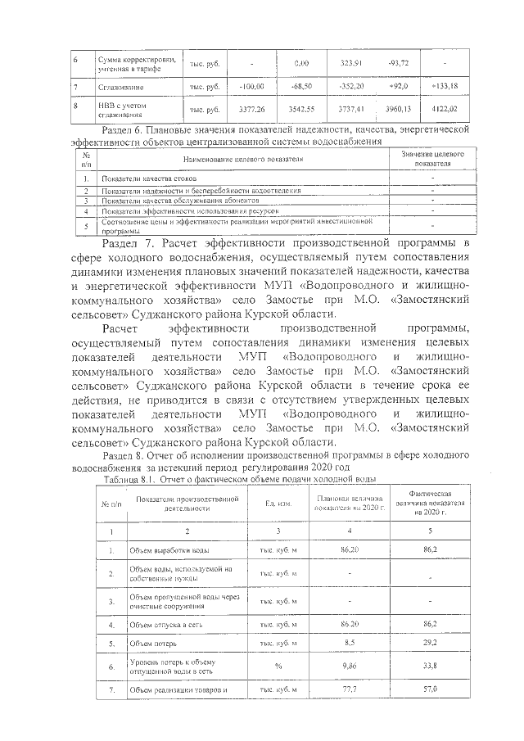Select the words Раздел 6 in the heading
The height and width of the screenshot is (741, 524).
pos(122,129)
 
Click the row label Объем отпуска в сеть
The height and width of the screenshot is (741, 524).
pos(164,624)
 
